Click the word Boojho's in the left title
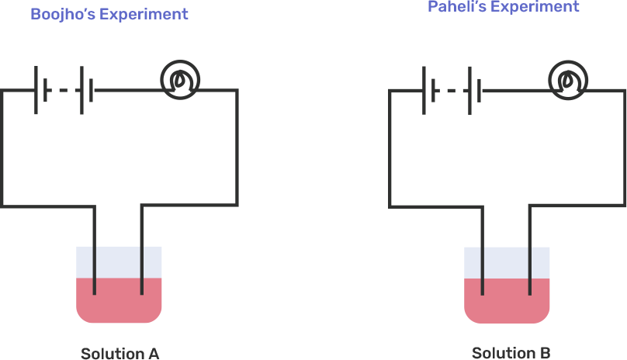pyautogui.click(x=61, y=14)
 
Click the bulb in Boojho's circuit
pyautogui.click(x=180, y=79)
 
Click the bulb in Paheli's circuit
pyautogui.click(x=568, y=79)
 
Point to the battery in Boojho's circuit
pyautogui.click(x=64, y=91)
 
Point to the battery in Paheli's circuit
pyautogui.click(x=452, y=91)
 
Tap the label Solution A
pyautogui.click(x=120, y=354)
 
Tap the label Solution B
pyautogui.click(x=511, y=353)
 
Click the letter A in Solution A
pyautogui.click(x=153, y=354)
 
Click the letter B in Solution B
pyautogui.click(x=545, y=353)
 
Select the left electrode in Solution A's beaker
pyautogui.click(x=95, y=268)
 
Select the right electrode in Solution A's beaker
pyautogui.click(x=141, y=268)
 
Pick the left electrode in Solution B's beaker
pyautogui.click(x=483, y=268)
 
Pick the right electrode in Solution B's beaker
pyautogui.click(x=529, y=268)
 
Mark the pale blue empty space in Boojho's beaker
pyautogui.click(x=118, y=261)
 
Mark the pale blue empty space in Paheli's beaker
pyautogui.click(x=506, y=261)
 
